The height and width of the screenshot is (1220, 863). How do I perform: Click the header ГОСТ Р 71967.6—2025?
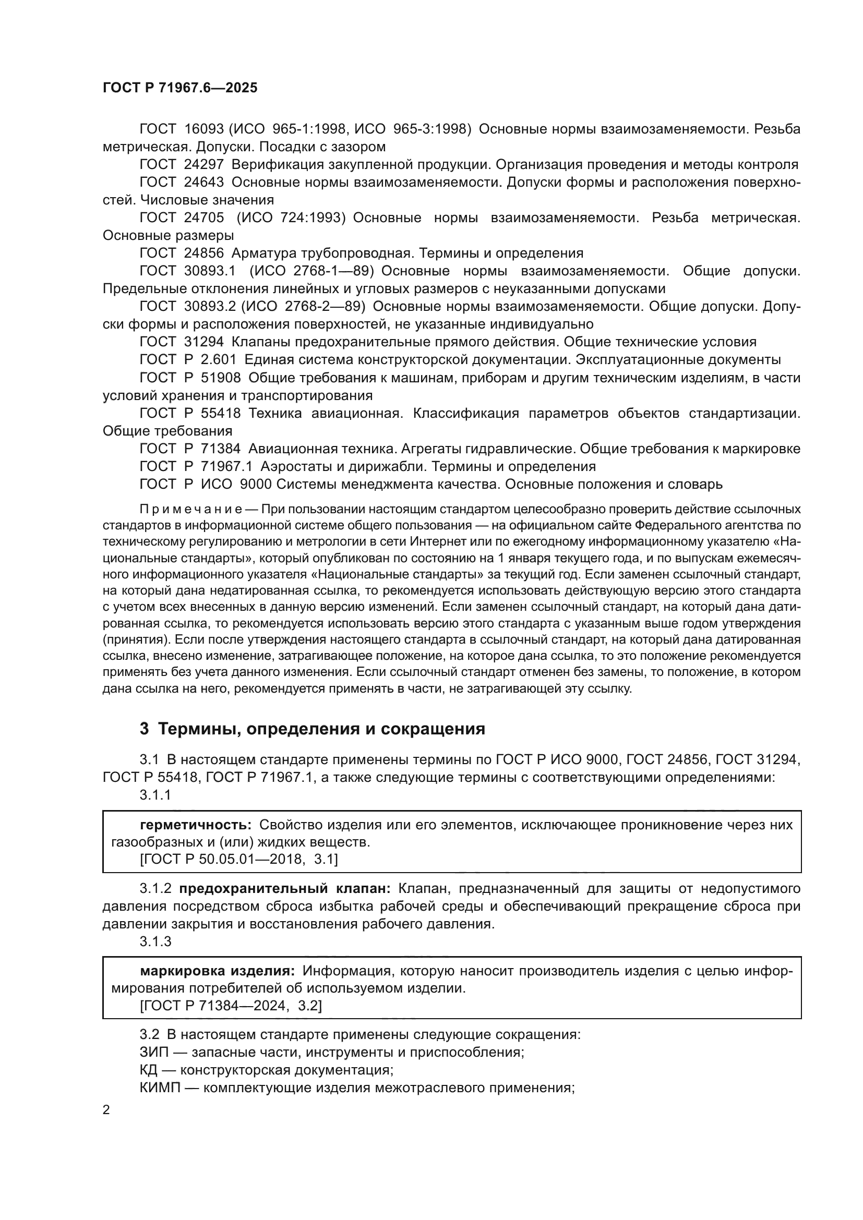[x=179, y=88]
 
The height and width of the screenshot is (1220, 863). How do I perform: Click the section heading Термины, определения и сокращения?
[x=321, y=729]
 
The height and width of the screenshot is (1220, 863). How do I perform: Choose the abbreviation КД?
[x=149, y=1070]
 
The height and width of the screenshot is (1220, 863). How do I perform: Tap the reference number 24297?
[x=204, y=165]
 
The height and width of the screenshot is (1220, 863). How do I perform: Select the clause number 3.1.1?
[x=155, y=795]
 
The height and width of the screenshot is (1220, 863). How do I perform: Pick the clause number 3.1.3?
[x=155, y=941]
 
